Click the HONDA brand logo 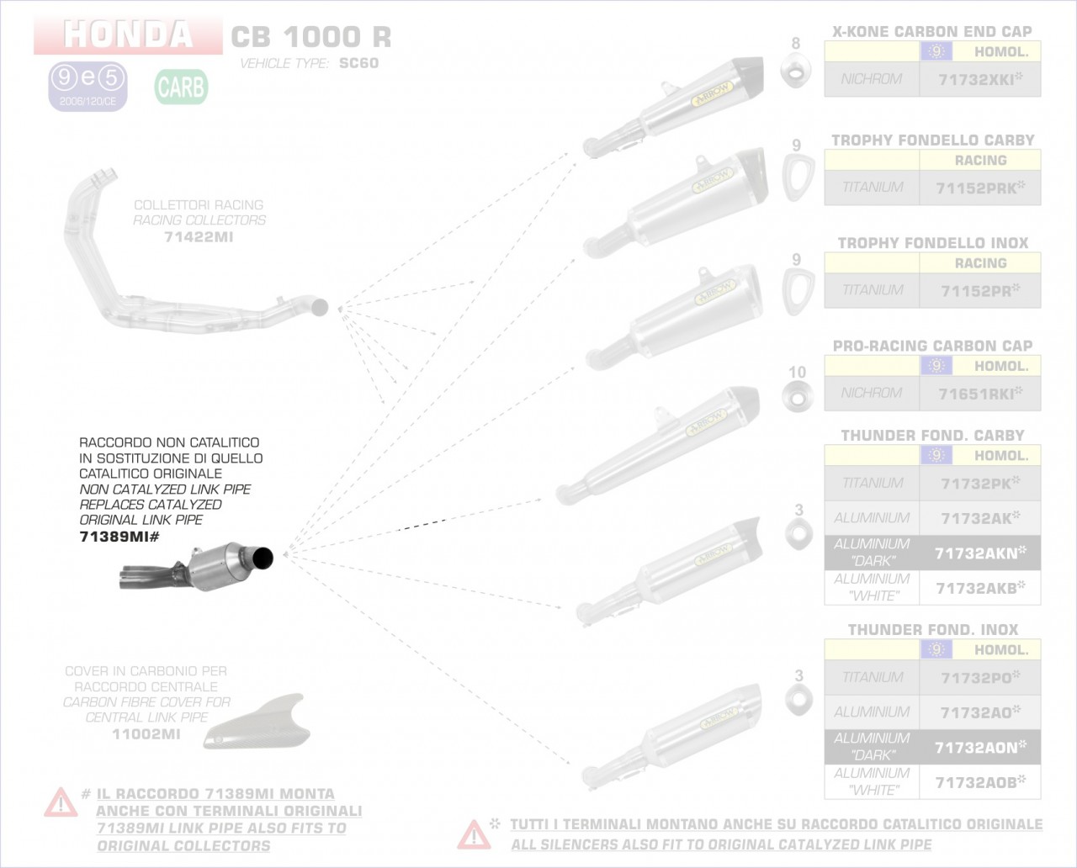(x=128, y=34)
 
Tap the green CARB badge (x=181, y=87)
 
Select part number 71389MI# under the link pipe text (x=119, y=537)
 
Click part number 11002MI (x=146, y=734)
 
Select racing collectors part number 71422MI (x=199, y=237)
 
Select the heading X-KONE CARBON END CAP (x=932, y=32)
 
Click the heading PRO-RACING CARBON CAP (x=932, y=346)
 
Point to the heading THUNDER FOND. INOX (x=932, y=630)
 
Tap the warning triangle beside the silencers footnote (x=474, y=834)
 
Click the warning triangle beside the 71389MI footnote (x=61, y=803)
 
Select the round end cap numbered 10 (x=796, y=395)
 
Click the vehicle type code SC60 (x=358, y=63)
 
